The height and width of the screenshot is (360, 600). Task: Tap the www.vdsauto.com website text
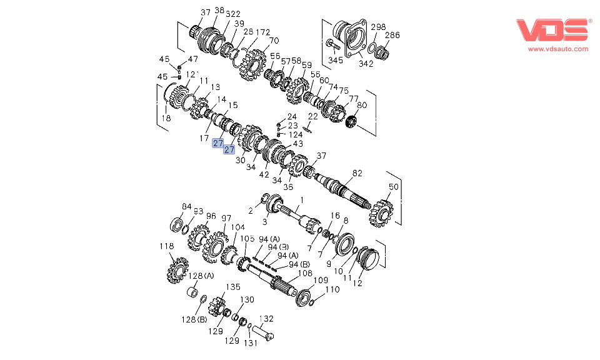pos(558,49)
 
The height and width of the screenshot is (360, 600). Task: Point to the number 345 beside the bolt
pos(336,61)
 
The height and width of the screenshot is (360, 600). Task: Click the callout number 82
pos(357,172)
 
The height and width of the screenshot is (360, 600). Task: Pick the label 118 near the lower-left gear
pos(166,247)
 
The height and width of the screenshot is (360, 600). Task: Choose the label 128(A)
pos(201,276)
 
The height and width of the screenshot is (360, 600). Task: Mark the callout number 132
pos(266,319)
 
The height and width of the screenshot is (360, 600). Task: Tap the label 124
pos(296,134)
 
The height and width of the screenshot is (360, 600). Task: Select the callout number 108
pos(304,273)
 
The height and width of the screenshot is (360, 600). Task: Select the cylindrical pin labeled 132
pos(265,332)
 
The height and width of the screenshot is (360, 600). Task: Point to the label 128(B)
pos(194,319)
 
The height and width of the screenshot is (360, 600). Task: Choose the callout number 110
pos(332,289)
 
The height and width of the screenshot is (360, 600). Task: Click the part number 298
pos(379,27)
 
